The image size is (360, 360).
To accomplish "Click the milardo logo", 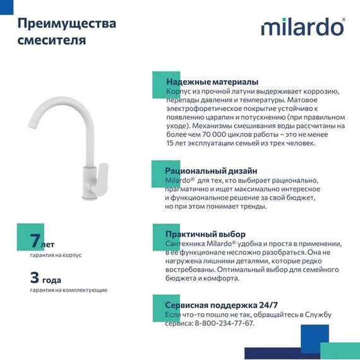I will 303,28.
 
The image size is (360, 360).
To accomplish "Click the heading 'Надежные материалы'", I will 212,82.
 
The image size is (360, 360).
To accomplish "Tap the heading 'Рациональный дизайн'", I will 211,171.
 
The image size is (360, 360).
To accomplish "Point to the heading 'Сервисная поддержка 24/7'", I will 219,304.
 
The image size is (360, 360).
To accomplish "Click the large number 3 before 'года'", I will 35,277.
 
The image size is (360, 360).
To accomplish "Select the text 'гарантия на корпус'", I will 56,255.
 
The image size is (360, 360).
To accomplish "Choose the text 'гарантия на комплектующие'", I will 68,290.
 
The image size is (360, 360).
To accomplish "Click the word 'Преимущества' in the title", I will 66,24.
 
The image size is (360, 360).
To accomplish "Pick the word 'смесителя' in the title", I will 52,40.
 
